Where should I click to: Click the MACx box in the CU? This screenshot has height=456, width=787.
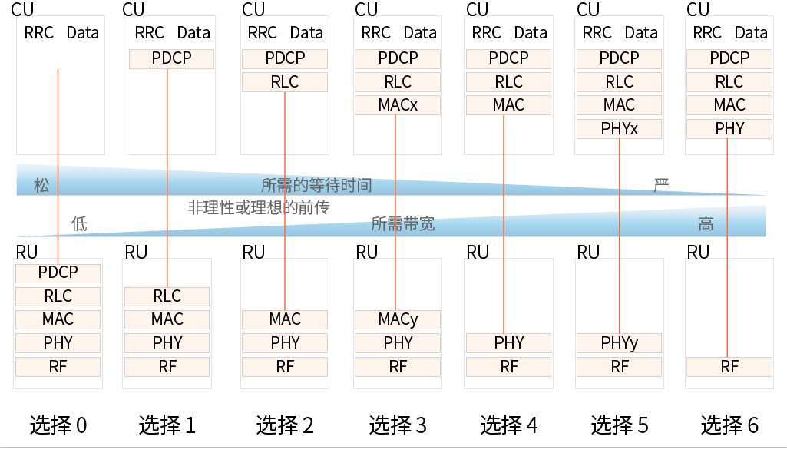pos(398,105)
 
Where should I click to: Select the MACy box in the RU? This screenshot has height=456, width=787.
pos(398,319)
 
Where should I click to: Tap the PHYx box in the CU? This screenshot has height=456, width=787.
pos(619,129)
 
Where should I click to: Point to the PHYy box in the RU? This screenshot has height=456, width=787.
pos(619,343)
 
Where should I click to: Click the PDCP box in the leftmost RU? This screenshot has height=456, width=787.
pos(58,273)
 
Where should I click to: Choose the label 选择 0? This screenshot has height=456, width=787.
pos(58,425)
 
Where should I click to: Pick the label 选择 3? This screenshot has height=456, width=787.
pos(398,425)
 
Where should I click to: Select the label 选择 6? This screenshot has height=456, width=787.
pos(729,425)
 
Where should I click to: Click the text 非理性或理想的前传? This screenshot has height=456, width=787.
pos(258,207)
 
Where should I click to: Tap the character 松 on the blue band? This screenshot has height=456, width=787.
pos(41,185)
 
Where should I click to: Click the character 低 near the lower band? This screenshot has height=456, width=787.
pos(79,223)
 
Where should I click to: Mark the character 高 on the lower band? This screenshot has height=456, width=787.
pos(706,223)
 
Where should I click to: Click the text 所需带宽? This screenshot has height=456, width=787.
pos(403,223)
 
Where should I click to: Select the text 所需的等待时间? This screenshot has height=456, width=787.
pos(316,185)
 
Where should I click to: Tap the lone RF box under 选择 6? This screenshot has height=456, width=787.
pos(729,367)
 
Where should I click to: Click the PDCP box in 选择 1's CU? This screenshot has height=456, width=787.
pos(171,58)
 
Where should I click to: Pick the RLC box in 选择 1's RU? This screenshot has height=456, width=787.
pos(167,296)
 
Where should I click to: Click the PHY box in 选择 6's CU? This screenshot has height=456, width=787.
pos(729,129)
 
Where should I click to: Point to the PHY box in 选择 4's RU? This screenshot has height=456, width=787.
pos(508,343)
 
